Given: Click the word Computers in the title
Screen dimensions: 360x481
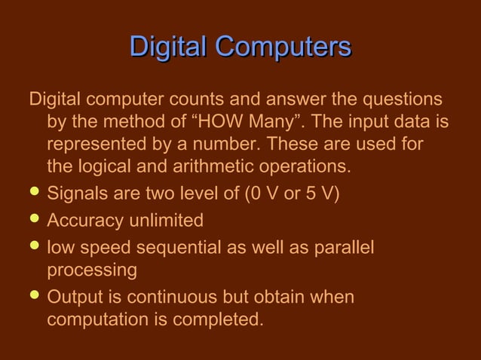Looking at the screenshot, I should (x=283, y=47).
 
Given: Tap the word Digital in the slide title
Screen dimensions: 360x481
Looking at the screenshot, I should (x=169, y=47).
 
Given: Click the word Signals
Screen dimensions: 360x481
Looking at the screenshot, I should (x=76, y=193).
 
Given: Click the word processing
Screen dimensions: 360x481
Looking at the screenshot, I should (x=91, y=270).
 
